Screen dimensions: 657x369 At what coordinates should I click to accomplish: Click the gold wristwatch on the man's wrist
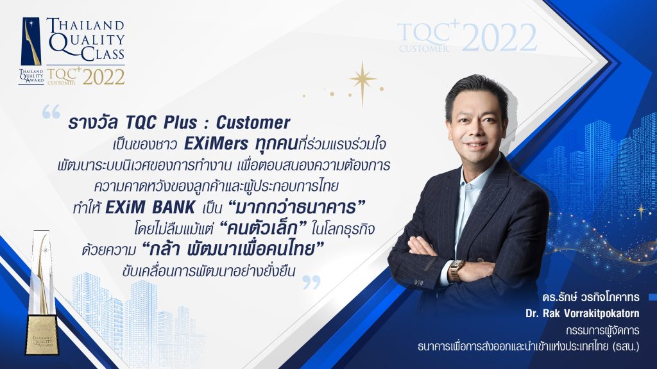[457, 270]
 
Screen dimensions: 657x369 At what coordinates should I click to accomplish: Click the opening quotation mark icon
[51, 111]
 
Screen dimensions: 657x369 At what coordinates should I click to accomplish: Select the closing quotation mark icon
[311, 282]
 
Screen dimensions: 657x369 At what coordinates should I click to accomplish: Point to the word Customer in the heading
[253, 122]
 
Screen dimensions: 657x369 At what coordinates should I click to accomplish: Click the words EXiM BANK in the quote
[150, 207]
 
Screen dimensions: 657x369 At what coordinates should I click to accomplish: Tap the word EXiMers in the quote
[216, 144]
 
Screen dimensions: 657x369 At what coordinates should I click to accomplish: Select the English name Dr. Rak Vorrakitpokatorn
[583, 313]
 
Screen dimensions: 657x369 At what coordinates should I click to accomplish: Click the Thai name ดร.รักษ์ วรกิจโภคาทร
[590, 297]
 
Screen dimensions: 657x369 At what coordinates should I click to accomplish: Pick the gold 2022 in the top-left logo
[103, 77]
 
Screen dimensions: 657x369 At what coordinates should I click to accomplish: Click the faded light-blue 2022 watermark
[499, 38]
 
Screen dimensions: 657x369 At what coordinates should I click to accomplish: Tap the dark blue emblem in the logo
[31, 41]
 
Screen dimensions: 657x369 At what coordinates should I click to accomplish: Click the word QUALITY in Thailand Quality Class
[87, 40]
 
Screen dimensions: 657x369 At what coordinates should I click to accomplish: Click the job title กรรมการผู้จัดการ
[602, 331]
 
